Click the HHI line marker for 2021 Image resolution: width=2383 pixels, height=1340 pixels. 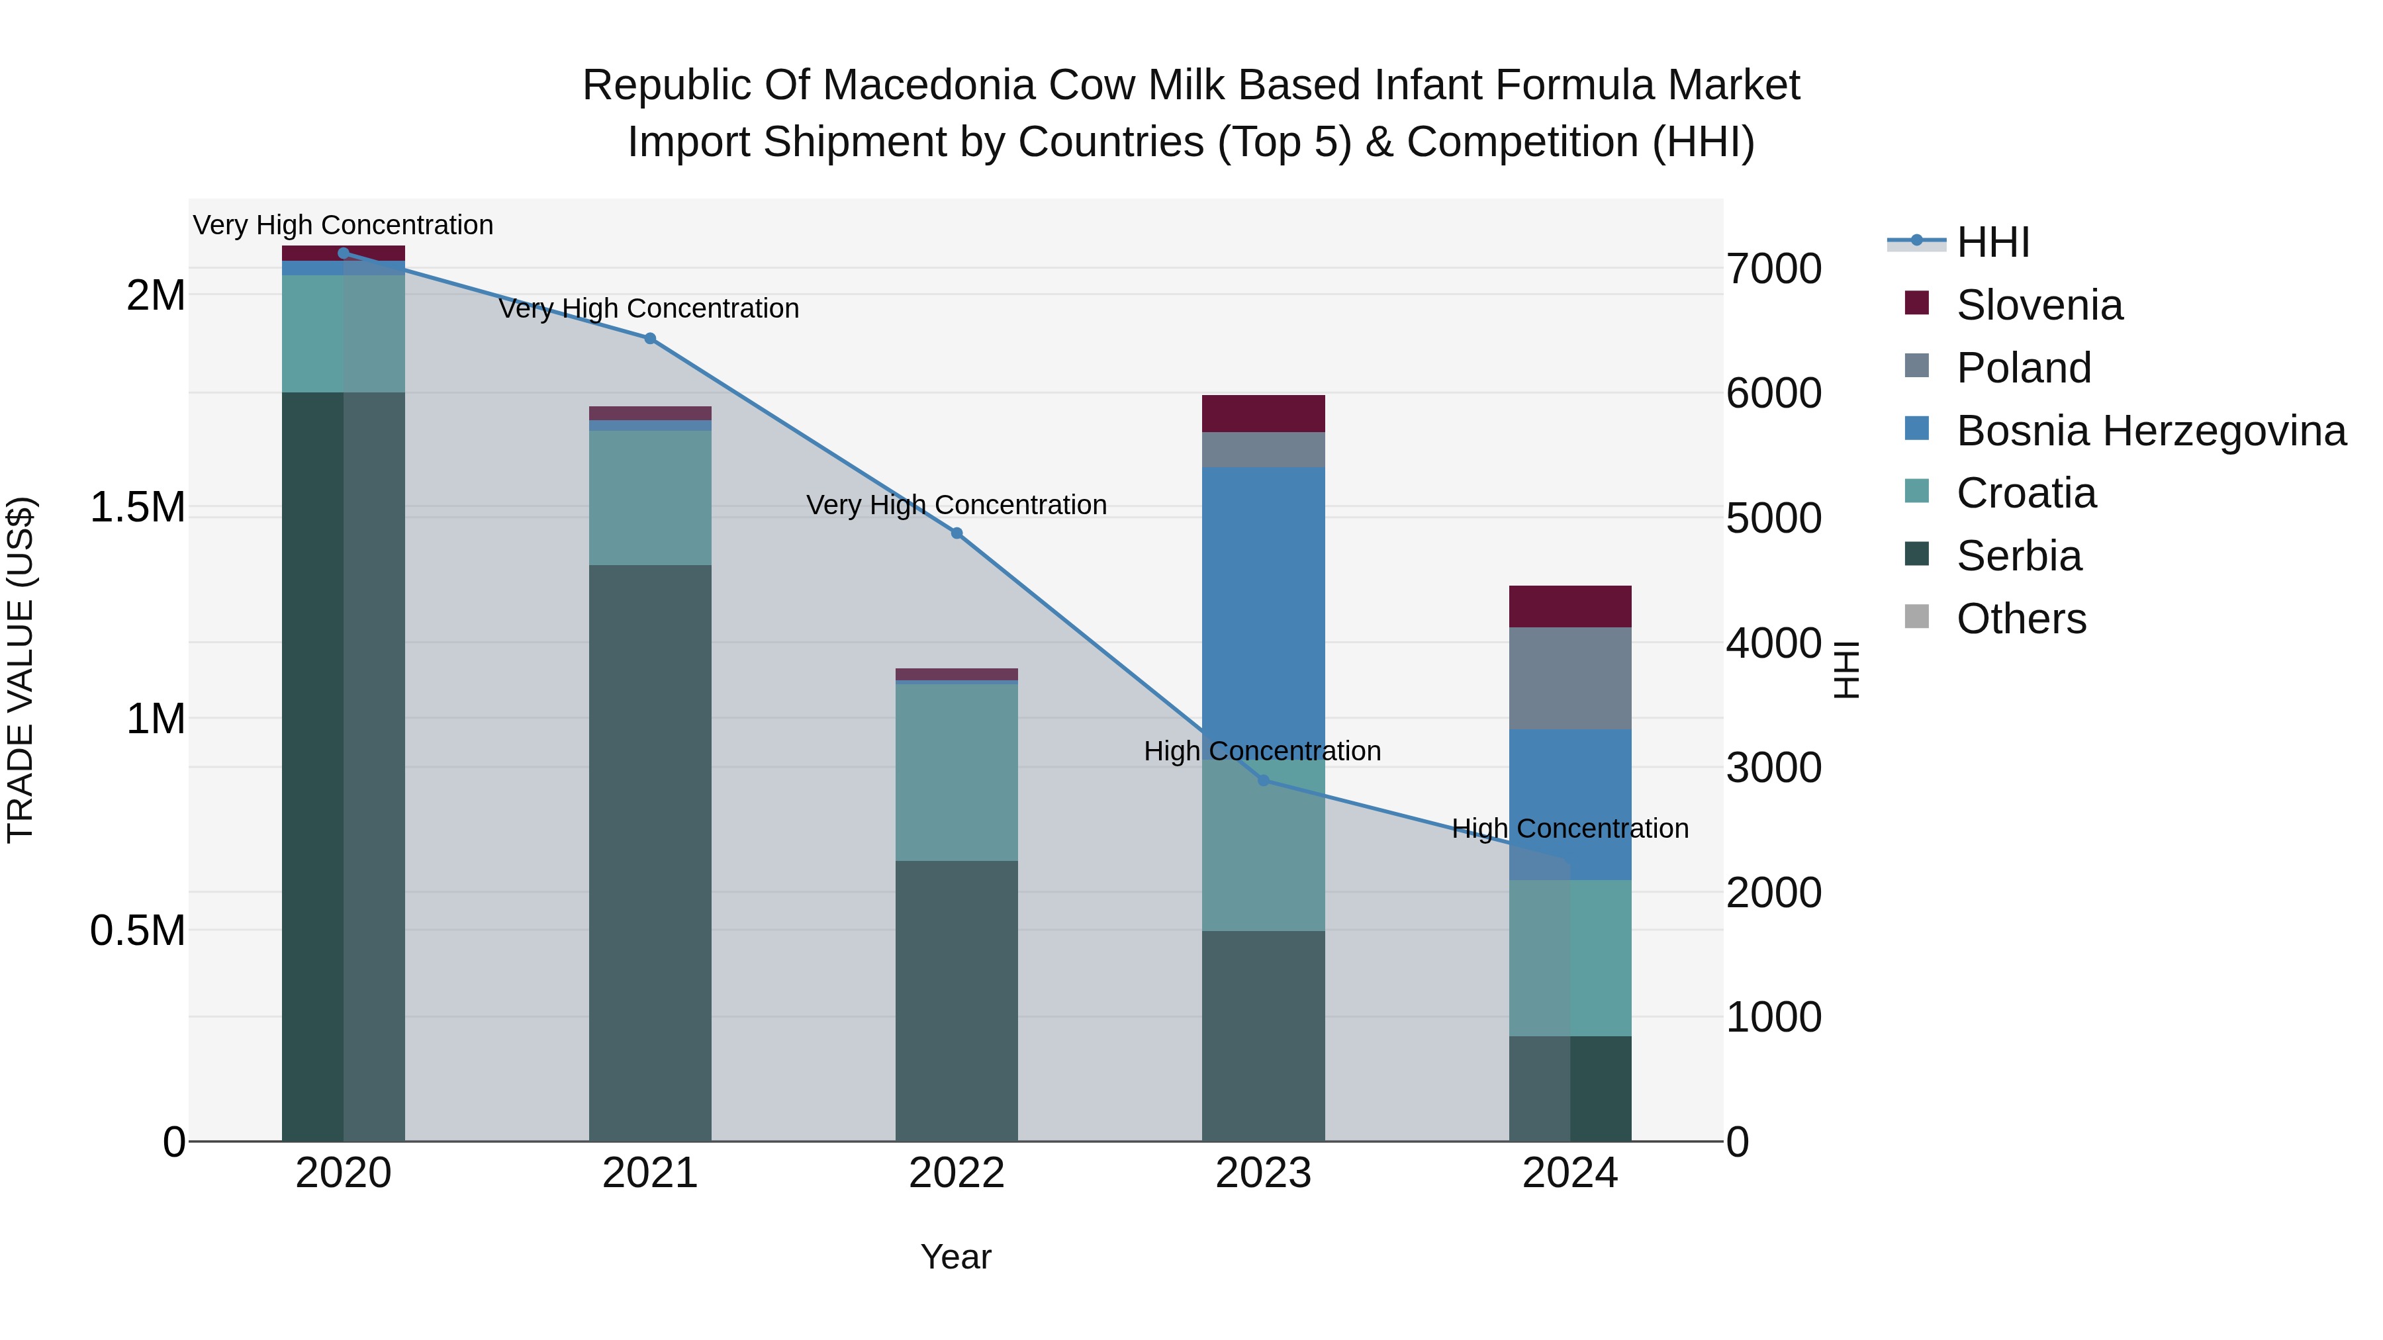pos(649,338)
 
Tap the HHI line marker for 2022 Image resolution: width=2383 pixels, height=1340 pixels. pos(957,533)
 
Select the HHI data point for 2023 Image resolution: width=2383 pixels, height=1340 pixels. pos(1264,781)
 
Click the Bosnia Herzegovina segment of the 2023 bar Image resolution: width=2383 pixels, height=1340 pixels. pos(1264,601)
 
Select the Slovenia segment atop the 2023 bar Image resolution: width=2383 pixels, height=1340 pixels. pos(1264,414)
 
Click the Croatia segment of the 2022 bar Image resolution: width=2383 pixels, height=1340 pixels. pos(957,772)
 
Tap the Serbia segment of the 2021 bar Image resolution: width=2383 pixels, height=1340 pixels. pos(649,851)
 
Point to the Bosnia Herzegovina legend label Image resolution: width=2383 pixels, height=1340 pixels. pos(2151,431)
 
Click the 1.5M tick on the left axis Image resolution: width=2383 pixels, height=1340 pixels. pos(138,508)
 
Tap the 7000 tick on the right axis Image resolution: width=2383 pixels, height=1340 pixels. pos(1773,269)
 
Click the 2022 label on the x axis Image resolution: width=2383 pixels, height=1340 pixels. pos(957,1173)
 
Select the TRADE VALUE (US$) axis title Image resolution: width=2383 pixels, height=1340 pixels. pos(21,670)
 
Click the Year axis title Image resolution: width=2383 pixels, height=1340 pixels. pos(956,1257)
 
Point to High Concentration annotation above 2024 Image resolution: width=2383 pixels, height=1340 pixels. pos(1570,828)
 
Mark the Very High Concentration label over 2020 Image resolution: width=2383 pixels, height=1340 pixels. pos(343,225)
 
